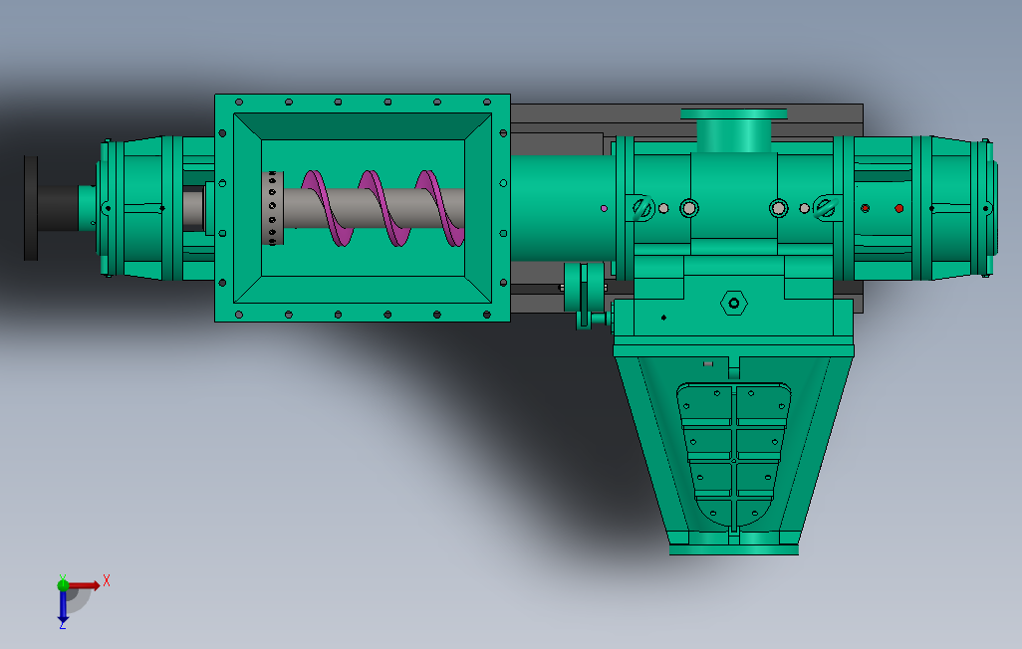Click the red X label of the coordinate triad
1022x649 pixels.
click(x=107, y=580)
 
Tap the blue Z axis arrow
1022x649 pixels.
click(x=63, y=606)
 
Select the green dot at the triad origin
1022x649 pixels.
click(x=63, y=585)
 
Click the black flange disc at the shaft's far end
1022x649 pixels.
click(x=31, y=208)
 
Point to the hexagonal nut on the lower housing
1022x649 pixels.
click(x=734, y=303)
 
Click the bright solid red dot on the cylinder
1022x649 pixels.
click(x=898, y=208)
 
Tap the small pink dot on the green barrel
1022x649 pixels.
click(x=605, y=208)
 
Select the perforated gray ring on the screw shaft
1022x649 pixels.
click(x=273, y=208)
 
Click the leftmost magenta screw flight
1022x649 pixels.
click(x=324, y=208)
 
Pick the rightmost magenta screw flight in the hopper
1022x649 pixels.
click(x=440, y=208)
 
